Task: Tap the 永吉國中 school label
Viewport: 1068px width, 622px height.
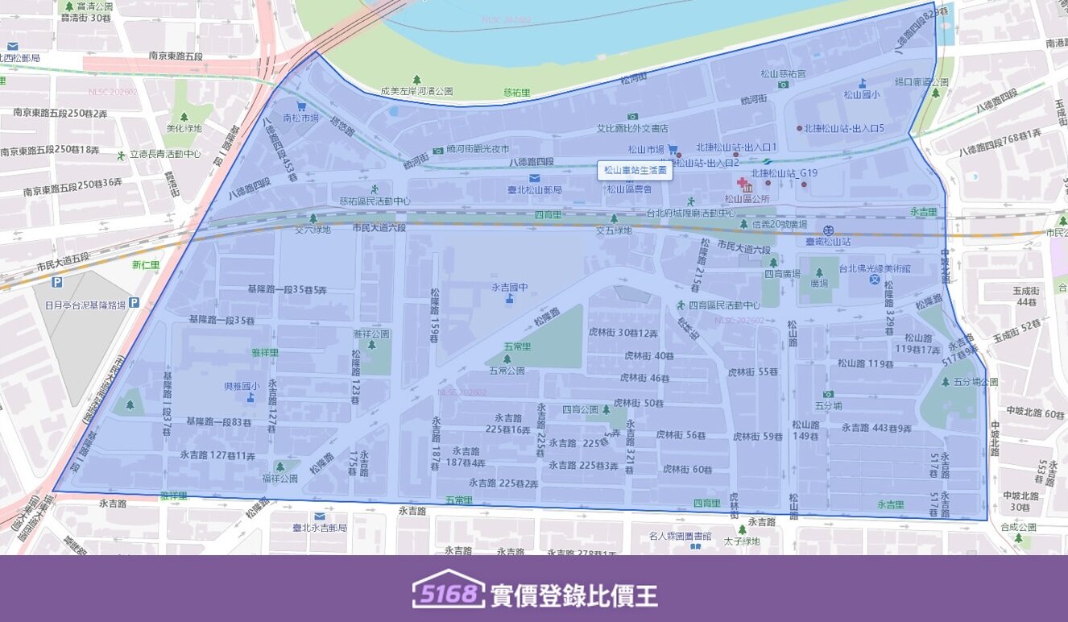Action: pyautogui.click(x=509, y=287)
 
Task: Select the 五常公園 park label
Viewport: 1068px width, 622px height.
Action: pyautogui.click(x=507, y=371)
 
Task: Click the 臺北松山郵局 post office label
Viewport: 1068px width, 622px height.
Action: pyautogui.click(x=534, y=189)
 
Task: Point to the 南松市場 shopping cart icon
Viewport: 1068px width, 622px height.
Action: pyautogui.click(x=301, y=106)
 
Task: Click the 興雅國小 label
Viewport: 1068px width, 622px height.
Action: pyautogui.click(x=242, y=386)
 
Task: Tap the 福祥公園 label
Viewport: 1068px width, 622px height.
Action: pyautogui.click(x=279, y=478)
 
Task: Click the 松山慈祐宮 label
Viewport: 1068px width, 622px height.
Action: pyautogui.click(x=783, y=73)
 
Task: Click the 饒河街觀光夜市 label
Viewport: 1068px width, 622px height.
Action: pyautogui.click(x=478, y=149)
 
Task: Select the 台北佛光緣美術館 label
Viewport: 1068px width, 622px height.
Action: pyautogui.click(x=874, y=269)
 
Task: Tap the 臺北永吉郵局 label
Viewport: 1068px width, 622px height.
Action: pyautogui.click(x=320, y=527)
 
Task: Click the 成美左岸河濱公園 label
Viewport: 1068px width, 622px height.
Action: pyautogui.click(x=416, y=91)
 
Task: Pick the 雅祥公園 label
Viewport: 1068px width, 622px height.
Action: pyautogui.click(x=371, y=334)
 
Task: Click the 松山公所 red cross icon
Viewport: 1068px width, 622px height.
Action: pyautogui.click(x=742, y=184)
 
